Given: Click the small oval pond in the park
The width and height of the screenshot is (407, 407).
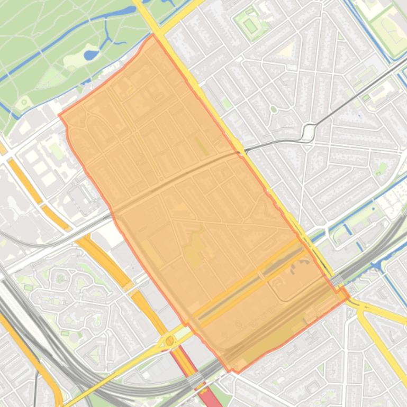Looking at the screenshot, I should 92,54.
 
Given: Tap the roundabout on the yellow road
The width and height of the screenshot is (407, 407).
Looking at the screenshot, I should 169,341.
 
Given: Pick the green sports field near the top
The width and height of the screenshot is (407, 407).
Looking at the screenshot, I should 250,25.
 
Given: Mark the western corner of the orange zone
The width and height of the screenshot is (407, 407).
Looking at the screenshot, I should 59,114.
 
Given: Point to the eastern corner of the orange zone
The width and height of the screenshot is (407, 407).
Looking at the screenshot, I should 348,297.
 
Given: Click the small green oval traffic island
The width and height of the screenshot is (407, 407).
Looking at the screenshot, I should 273,109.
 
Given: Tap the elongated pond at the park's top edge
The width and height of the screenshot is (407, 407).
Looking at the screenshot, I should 123,11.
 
